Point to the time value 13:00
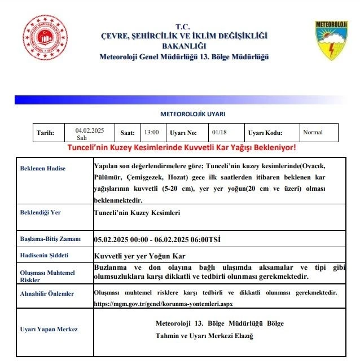pos(151,133)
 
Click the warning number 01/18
pos(219,133)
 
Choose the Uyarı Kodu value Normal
pos(313,133)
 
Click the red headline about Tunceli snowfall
pos(182,147)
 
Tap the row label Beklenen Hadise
pos(43,168)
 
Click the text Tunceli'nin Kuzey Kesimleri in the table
pos(136,213)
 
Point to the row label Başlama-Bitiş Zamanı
pos(51,239)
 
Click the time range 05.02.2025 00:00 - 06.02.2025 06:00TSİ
pos(157,239)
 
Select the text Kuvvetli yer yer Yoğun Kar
pos(140,256)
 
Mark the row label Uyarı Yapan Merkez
pos(49,329)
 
